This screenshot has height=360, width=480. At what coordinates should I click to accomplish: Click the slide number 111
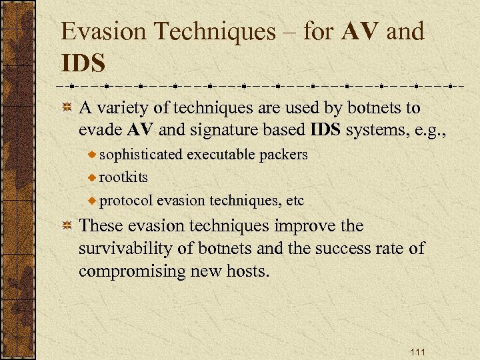419,352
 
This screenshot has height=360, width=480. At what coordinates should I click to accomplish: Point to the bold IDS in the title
83,64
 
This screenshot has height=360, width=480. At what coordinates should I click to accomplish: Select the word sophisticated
140,155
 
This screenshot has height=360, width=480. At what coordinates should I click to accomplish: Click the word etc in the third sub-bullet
294,200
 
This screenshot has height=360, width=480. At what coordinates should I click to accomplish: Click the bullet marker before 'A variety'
67,108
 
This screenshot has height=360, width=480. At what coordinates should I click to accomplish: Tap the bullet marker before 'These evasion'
67,227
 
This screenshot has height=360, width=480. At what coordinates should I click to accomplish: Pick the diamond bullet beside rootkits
93,178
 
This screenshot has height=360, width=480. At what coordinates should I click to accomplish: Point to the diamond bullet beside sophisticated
93,155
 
